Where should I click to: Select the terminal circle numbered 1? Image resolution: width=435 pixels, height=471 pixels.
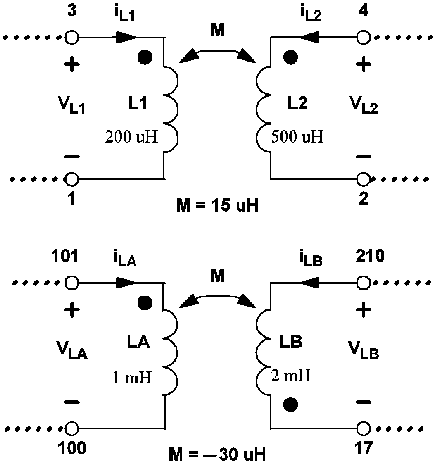pos(72,179)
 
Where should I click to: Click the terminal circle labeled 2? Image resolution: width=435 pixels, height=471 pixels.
pos(363,179)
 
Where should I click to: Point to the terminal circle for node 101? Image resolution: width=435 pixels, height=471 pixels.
pos(72,283)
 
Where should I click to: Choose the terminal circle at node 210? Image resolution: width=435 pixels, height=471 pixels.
pos(363,283)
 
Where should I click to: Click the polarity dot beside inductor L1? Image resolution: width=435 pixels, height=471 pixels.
pos(144,58)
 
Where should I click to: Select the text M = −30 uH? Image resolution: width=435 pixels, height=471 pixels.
pos(217,455)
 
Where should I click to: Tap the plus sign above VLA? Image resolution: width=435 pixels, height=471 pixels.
pos(73,310)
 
